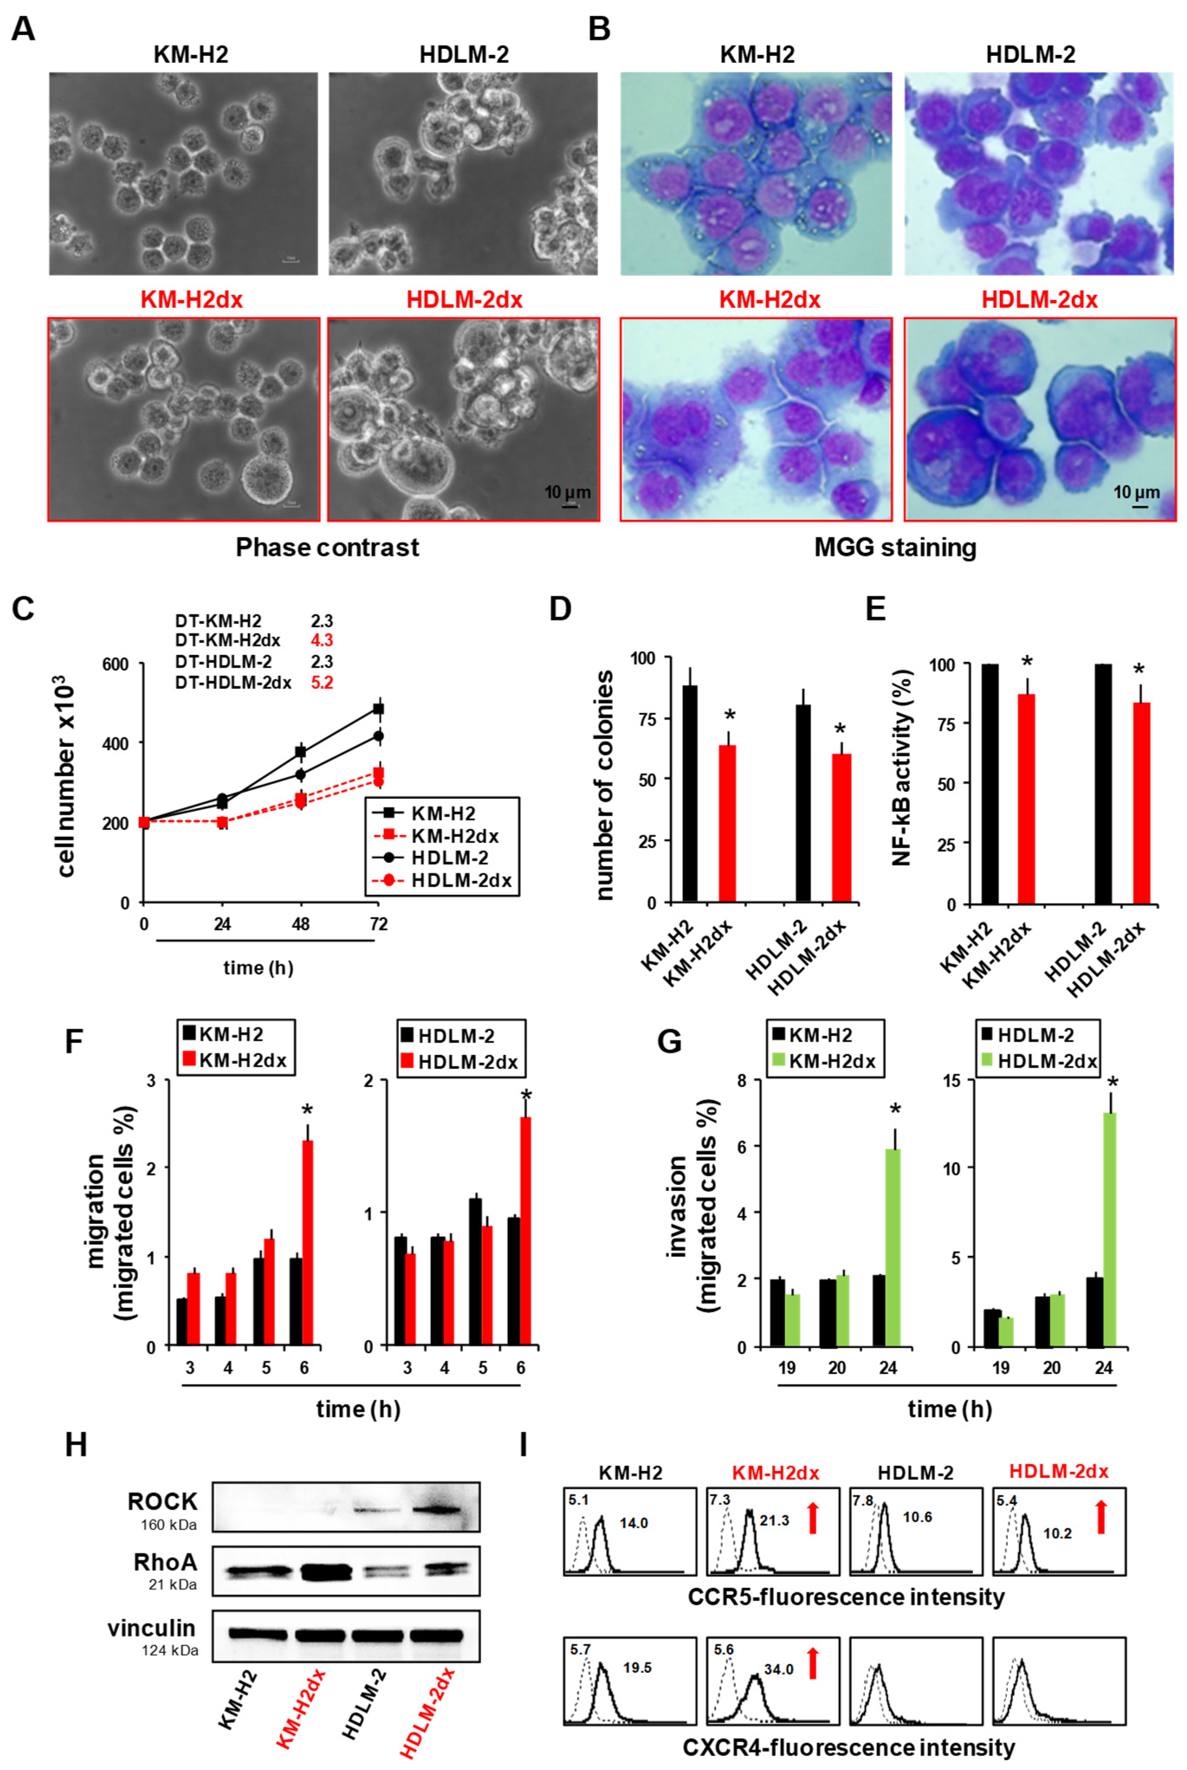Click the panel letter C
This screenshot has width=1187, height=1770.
click(x=23, y=608)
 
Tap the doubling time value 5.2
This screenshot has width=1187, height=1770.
click(x=322, y=683)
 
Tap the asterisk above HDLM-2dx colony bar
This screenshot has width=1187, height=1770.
click(x=840, y=729)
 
